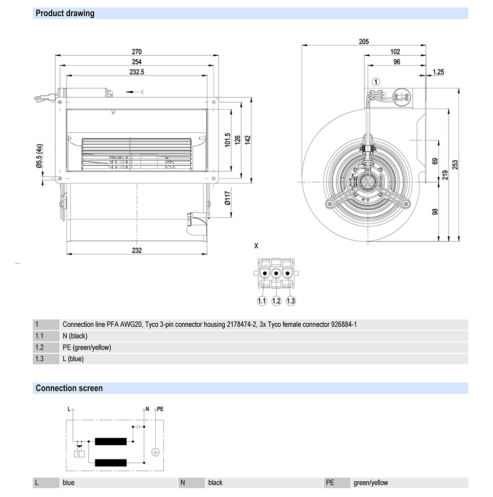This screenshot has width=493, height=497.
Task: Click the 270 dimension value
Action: [137, 51]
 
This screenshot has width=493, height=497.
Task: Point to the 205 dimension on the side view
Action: [364, 42]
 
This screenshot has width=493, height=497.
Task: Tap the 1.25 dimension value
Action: [438, 72]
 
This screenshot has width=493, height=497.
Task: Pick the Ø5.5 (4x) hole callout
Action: [39, 157]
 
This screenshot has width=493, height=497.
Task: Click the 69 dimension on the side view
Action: [435, 161]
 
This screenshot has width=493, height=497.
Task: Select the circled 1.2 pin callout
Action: [276, 301]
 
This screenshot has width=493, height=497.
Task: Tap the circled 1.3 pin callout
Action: [291, 301]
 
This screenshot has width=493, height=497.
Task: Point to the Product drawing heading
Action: [65, 13]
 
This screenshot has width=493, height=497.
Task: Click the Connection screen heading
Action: [69, 388]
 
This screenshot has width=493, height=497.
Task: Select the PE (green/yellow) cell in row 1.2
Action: [87, 347]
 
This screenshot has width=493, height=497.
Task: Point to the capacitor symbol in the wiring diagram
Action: [139, 426]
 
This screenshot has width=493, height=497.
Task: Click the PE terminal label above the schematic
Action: [160, 409]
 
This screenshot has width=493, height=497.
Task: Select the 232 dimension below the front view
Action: [137, 250]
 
